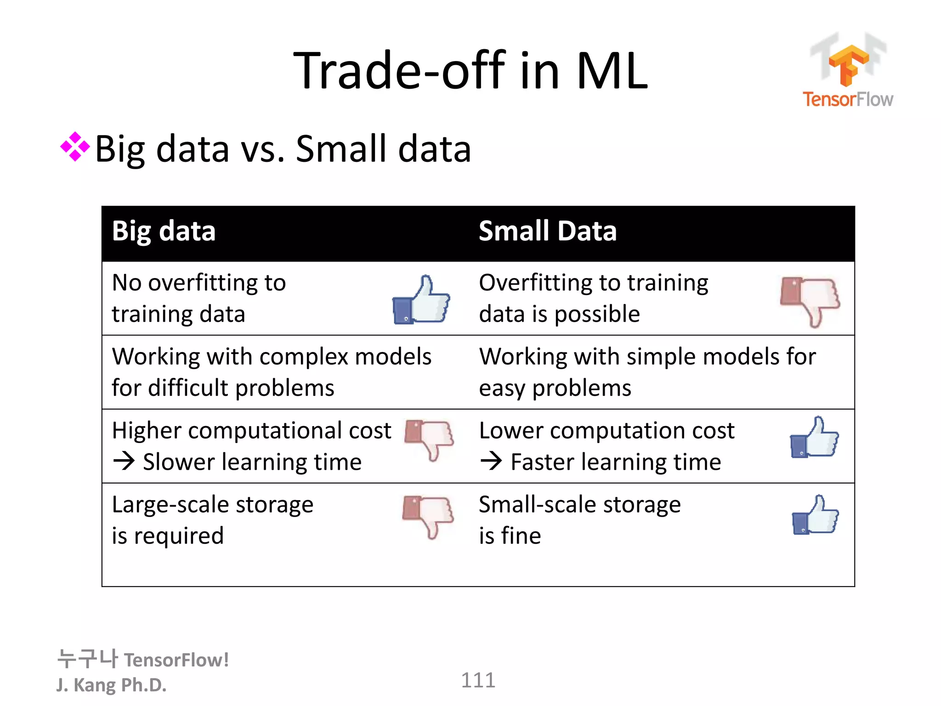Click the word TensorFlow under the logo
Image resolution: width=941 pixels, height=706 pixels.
coord(848,99)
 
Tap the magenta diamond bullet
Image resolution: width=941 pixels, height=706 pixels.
coord(75,147)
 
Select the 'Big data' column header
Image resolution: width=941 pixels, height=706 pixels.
coord(164,231)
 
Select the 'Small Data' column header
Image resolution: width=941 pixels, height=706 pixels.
coord(547,231)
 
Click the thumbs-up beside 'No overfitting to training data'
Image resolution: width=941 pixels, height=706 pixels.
coord(421,300)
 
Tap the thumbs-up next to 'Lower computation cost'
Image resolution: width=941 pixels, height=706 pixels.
coord(814,438)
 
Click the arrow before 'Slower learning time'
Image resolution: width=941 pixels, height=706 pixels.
coord(124,461)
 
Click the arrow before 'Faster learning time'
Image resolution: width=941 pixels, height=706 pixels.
coord(491,461)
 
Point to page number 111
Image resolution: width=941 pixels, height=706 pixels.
coord(478,680)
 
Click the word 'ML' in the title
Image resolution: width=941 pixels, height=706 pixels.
coord(612,71)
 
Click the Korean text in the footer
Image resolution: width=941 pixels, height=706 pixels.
coord(87,659)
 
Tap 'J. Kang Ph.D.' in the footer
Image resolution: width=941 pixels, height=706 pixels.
coord(111,685)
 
